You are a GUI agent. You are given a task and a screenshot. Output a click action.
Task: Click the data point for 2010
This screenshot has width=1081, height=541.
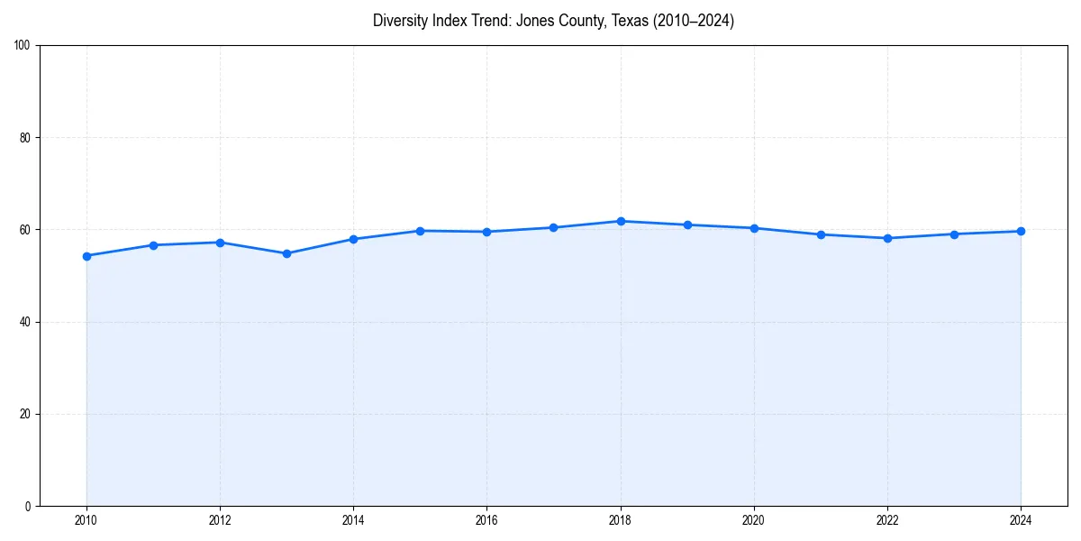point(86,256)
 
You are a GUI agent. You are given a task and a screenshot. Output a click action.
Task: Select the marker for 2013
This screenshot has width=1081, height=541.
point(286,253)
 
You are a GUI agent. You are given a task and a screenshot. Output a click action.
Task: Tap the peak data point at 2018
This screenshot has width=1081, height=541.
point(621,221)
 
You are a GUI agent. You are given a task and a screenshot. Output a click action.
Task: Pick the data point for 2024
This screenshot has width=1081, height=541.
point(1021,231)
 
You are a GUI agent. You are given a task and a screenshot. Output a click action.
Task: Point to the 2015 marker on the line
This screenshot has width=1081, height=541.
point(420,231)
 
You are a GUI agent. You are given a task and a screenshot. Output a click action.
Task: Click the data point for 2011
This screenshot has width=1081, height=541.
point(153,245)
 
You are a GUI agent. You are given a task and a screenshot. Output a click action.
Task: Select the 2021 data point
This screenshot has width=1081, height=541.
point(821,234)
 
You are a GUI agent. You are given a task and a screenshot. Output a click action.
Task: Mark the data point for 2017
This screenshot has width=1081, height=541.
point(553,227)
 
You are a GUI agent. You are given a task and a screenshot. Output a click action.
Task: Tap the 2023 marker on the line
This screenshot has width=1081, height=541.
point(954,234)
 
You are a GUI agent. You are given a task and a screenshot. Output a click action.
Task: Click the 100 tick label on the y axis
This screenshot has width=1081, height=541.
point(23,46)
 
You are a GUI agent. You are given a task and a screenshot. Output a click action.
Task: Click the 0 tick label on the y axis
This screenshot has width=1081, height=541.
point(28,506)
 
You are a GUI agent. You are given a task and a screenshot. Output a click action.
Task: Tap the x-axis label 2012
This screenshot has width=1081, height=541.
point(220,519)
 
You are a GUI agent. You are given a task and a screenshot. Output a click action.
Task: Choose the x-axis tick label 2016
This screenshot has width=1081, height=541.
point(486,519)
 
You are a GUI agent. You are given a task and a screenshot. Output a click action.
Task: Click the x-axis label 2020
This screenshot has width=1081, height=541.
point(754,519)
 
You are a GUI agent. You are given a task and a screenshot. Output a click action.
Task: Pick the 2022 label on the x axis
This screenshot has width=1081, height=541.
point(887,519)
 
